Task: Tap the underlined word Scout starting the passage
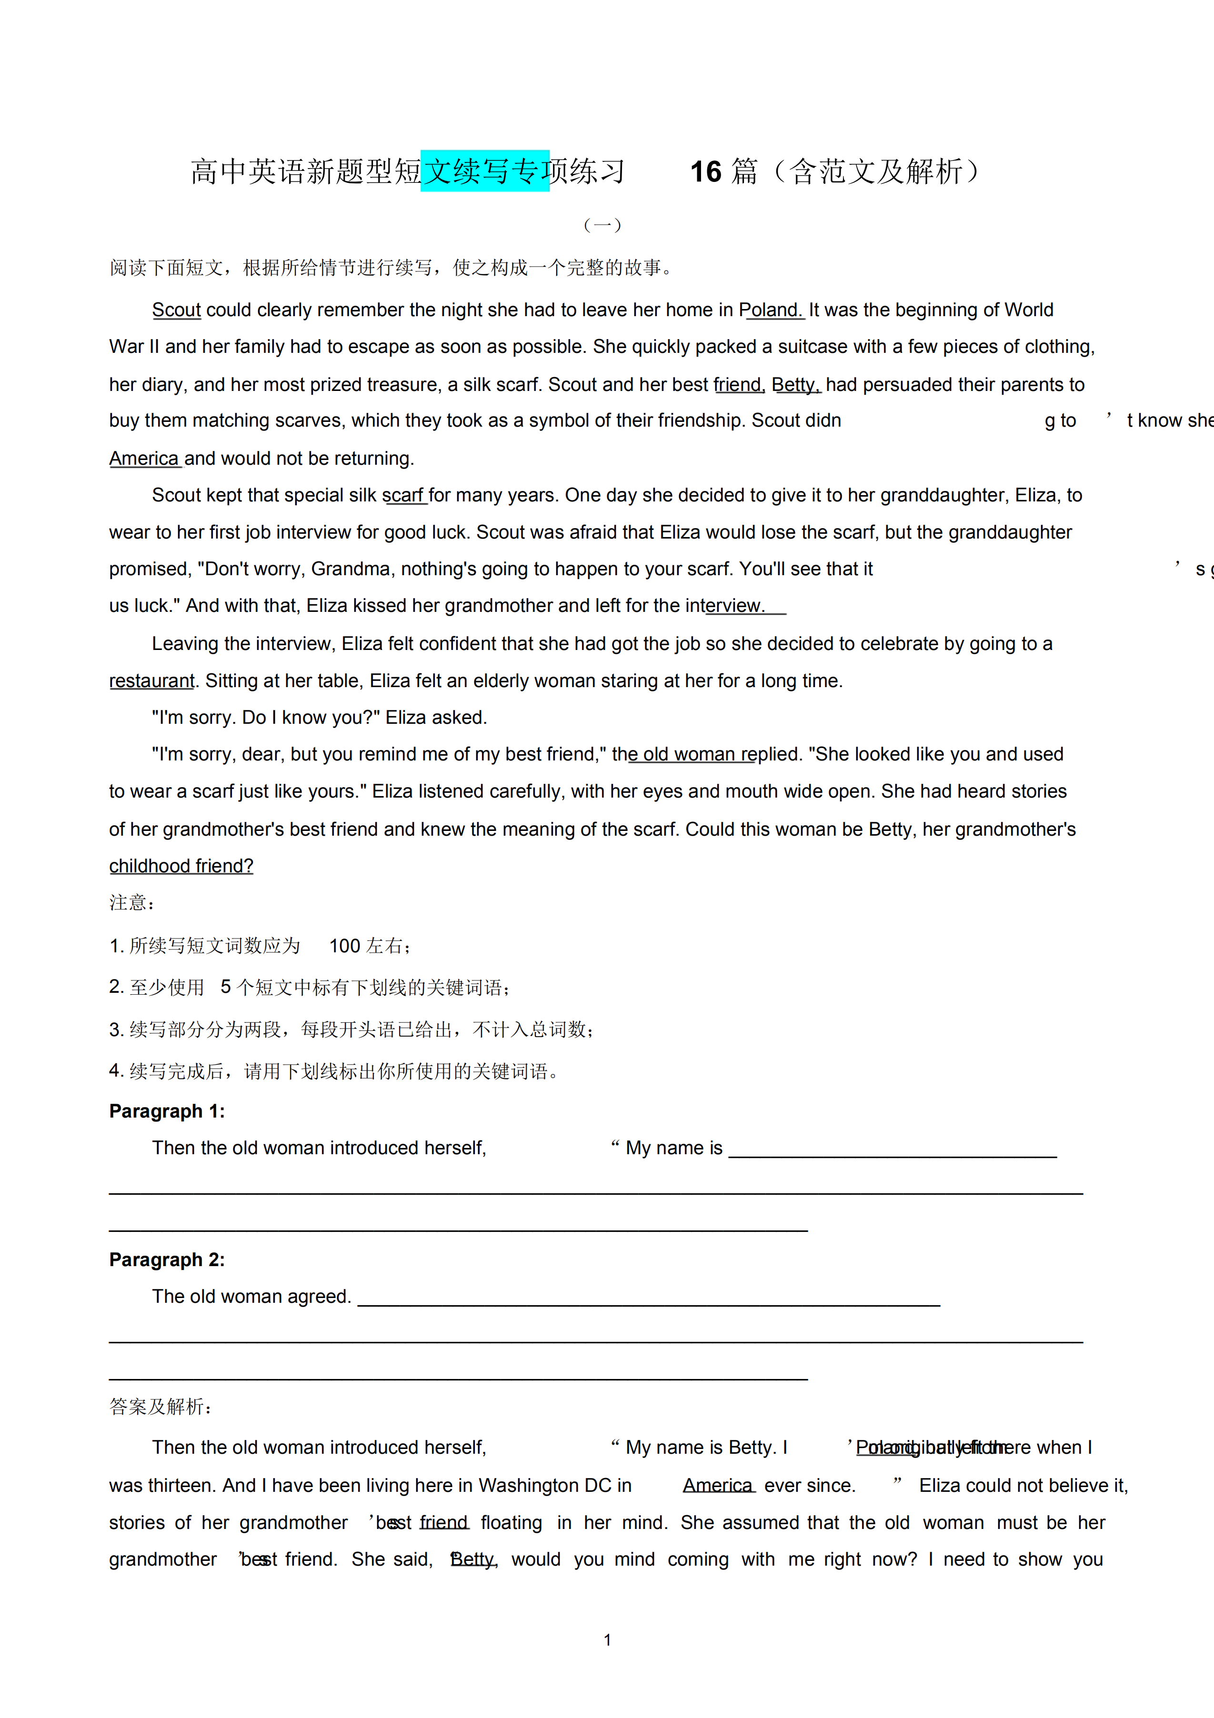(x=177, y=310)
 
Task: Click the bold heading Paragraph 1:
(x=167, y=1111)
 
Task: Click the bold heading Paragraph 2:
(x=167, y=1259)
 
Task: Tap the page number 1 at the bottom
(x=607, y=1640)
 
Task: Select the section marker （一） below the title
(x=602, y=224)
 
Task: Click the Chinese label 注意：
(x=132, y=903)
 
